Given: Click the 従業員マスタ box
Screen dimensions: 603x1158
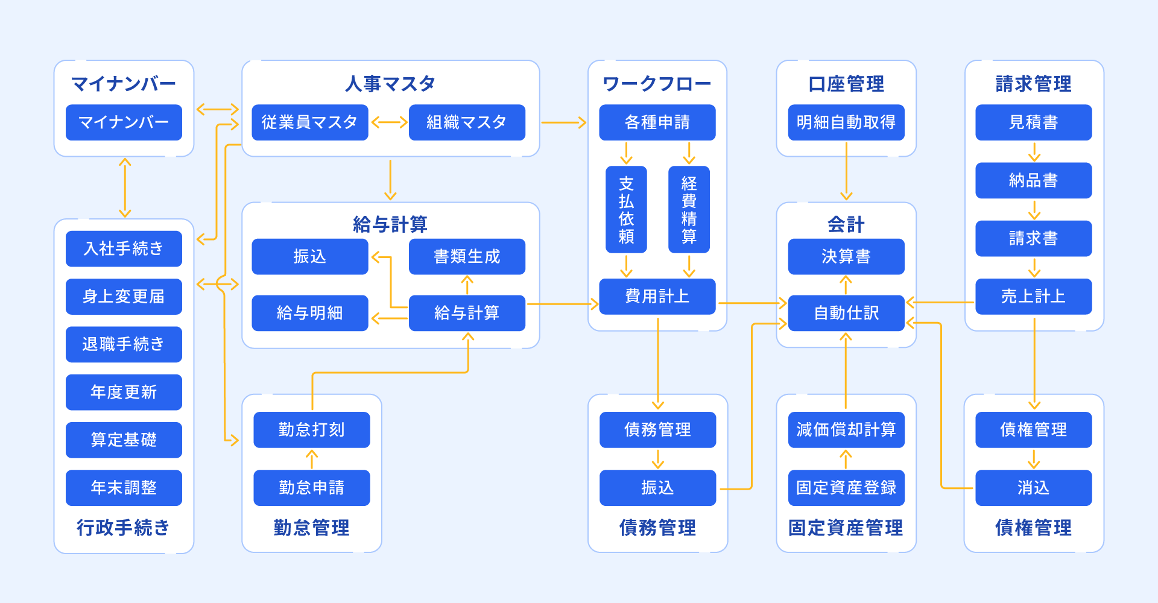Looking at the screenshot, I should coord(309,122).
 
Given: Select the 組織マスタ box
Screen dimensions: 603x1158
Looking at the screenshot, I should coord(467,122).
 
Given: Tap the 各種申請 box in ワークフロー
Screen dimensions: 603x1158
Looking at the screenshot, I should coord(657,122).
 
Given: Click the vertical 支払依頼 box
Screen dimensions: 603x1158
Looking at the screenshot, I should coord(626,209).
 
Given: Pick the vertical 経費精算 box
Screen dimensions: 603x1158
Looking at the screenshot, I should coord(689,209).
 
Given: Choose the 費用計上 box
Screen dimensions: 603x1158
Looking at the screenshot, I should coord(657,296).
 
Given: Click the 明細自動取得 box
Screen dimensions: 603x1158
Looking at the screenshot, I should coord(846,122).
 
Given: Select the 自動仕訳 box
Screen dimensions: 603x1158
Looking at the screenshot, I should coord(846,313).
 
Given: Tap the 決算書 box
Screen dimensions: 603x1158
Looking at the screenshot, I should coord(846,256).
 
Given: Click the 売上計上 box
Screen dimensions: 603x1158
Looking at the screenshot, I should coord(1033,296).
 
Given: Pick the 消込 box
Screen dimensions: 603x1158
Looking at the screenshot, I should coord(1033,487).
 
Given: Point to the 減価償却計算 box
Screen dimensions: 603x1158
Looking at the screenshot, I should coord(846,429).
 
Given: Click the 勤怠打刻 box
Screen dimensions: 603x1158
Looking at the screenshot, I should coord(311,429).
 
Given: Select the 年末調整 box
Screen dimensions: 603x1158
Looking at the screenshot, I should coord(124,487).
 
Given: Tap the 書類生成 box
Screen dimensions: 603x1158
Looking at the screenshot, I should coord(467,256).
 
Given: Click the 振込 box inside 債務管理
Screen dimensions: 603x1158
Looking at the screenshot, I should coord(657,487).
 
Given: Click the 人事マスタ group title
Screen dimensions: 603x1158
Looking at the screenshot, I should coord(390,84).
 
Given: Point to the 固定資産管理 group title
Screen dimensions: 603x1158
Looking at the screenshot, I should coord(846,528).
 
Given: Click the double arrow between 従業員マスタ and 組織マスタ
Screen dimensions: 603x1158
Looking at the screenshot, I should coord(389,122).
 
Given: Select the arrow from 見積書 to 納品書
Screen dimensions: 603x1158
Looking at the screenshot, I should coord(1034,152).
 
